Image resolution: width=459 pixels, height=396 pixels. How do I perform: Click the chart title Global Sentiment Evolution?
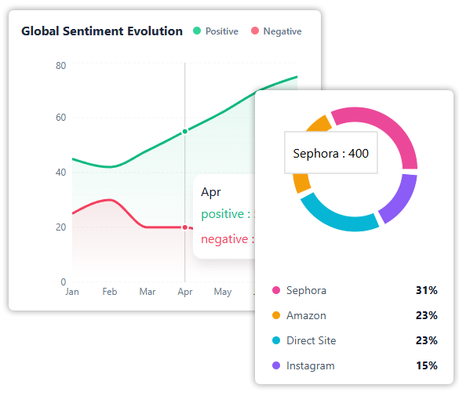[101, 31]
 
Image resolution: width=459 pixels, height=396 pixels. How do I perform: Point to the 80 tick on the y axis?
[60, 65]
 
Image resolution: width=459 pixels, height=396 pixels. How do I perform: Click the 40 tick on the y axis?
[60, 172]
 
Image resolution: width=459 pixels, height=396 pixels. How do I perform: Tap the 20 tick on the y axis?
[60, 227]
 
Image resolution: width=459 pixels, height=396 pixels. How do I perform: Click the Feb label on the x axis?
[109, 292]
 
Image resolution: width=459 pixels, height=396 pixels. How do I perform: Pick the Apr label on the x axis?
[185, 292]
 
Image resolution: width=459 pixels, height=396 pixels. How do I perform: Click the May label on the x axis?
[223, 292]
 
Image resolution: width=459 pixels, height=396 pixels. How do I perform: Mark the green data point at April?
[185, 132]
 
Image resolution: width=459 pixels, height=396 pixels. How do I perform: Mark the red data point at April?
[185, 227]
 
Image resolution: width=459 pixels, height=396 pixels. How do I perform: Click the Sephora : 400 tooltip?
[330, 154]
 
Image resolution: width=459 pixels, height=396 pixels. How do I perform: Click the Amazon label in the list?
[306, 315]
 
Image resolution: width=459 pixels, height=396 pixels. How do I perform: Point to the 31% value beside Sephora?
[426, 290]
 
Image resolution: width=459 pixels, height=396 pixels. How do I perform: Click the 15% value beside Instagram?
[426, 365]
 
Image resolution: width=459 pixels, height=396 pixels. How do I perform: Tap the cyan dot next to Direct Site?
[275, 340]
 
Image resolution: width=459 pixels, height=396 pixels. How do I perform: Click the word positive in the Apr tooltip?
[223, 214]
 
